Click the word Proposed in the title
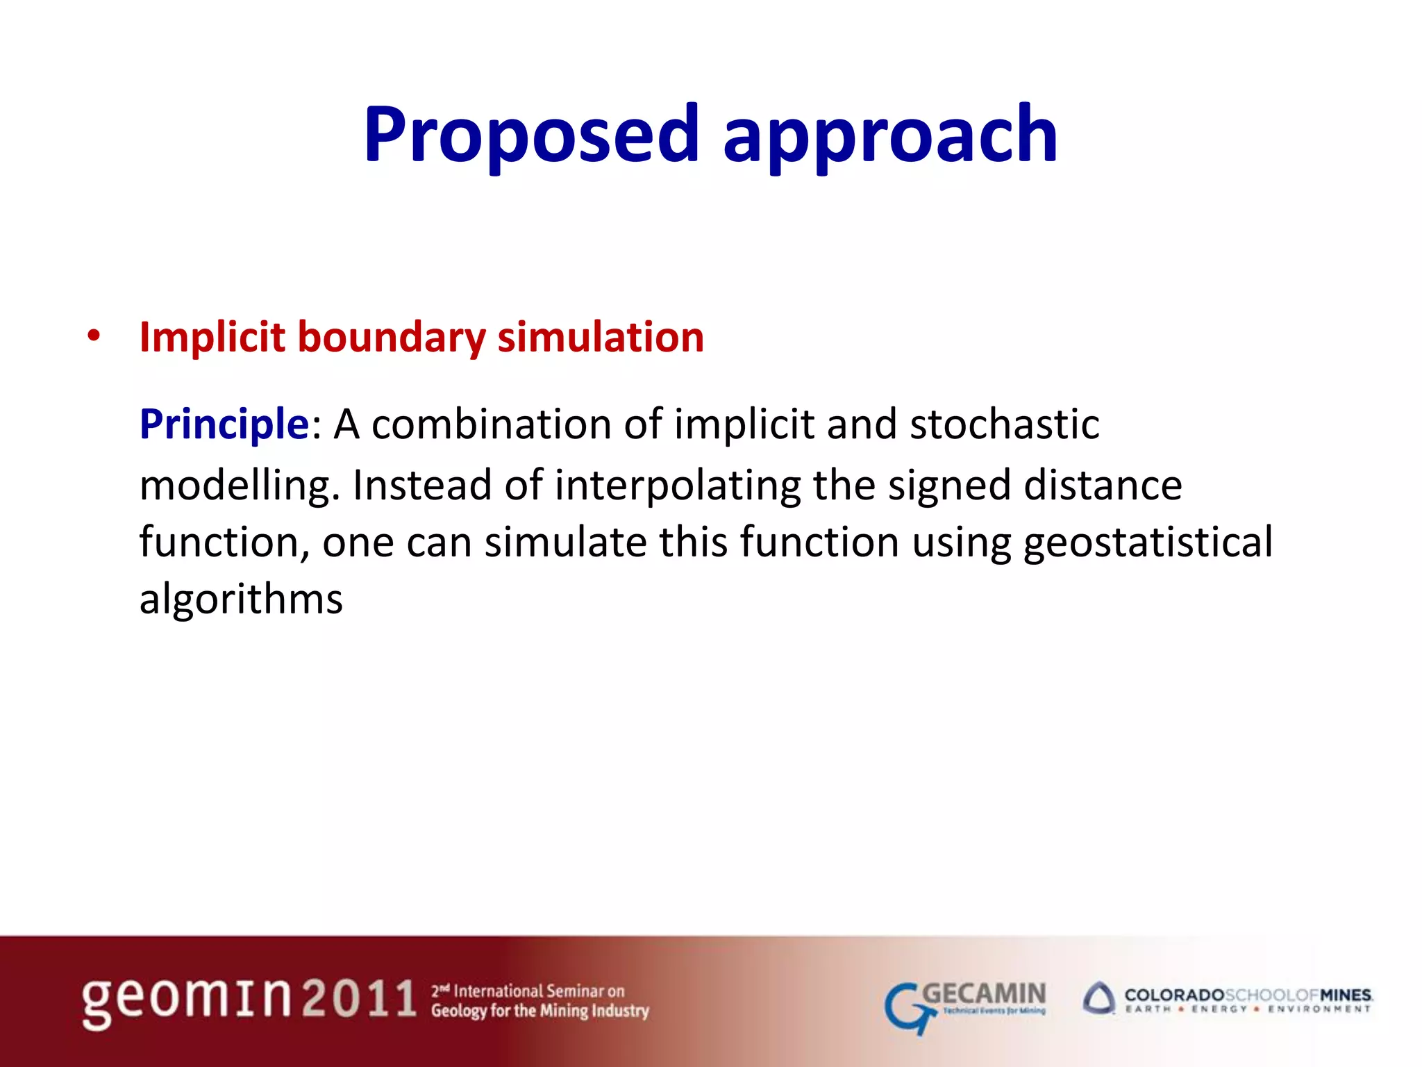[x=531, y=135]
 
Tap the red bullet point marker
[x=94, y=337]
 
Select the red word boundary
[x=392, y=338]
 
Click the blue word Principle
[x=224, y=425]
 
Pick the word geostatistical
[x=1148, y=543]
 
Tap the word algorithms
[x=241, y=599]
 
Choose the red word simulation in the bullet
[x=601, y=338]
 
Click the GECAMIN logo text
[x=984, y=994]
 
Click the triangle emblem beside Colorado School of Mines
[x=1099, y=999]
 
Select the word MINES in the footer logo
[x=1345, y=995]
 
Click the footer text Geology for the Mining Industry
[x=539, y=1011]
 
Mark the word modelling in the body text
[x=235, y=486]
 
